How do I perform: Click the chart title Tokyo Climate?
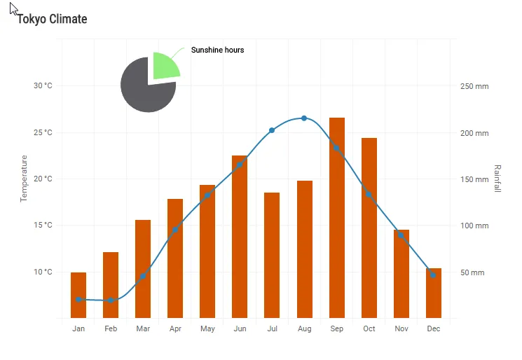pos(53,19)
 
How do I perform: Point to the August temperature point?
pos(304,118)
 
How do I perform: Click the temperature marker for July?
pos(272,130)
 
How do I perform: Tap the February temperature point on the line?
pos(111,300)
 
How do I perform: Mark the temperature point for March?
pos(143,276)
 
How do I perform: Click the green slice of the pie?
pos(165,66)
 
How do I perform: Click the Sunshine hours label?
pos(218,50)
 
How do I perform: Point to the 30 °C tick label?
pos(43,86)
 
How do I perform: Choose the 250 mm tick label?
pos(474,86)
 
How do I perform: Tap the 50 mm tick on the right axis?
pos(472,272)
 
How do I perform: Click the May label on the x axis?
pos(207,329)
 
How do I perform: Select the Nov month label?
pos(401,329)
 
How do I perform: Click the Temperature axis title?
pos(24,179)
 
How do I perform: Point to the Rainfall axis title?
pos(497,179)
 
